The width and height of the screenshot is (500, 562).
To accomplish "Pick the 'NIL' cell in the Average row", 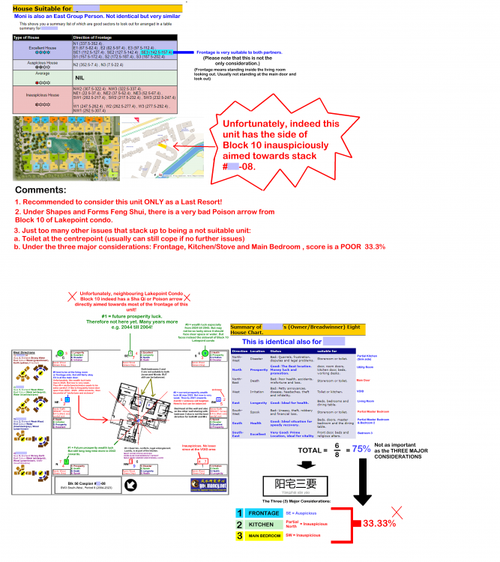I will click(x=79, y=76).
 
